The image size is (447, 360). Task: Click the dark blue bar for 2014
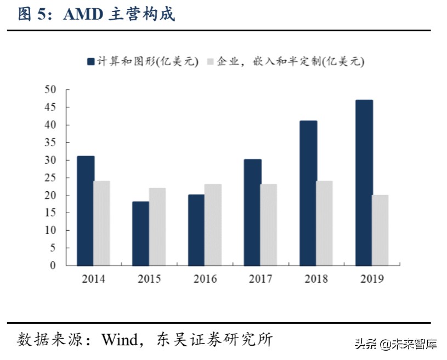click(86, 211)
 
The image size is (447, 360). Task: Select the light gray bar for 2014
click(101, 223)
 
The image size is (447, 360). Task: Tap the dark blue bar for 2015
click(141, 233)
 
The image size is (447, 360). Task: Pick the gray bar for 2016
click(213, 225)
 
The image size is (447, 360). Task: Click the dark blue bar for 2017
click(252, 213)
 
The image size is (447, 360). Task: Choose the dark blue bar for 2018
click(308, 193)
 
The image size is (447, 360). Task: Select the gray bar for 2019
click(380, 230)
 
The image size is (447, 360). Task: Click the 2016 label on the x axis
click(205, 279)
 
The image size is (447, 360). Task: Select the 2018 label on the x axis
click(316, 279)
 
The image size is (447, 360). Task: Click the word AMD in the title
click(83, 14)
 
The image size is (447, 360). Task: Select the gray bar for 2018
click(324, 223)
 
